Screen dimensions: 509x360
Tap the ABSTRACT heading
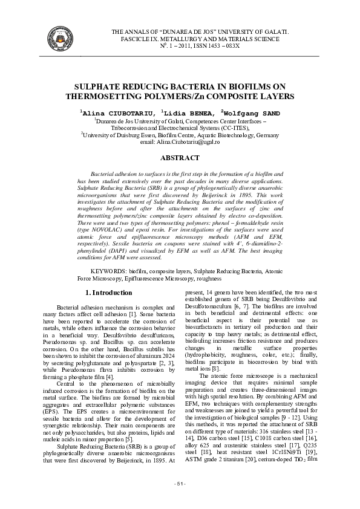click(x=180, y=158)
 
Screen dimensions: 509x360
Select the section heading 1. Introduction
click(x=109, y=293)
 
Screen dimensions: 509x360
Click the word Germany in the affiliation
click(x=266, y=135)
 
